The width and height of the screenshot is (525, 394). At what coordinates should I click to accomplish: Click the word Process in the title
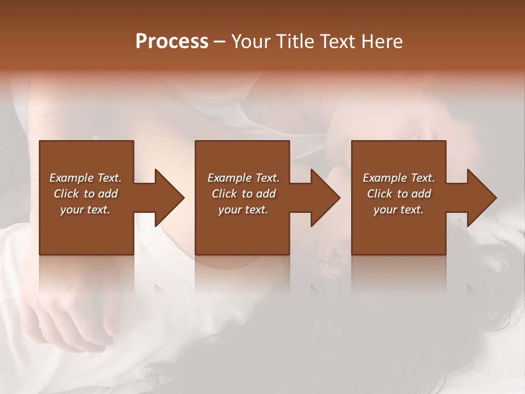(x=172, y=42)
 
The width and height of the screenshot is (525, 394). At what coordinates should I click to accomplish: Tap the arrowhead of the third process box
(x=481, y=198)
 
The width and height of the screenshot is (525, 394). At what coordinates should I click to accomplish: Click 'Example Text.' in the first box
(x=85, y=178)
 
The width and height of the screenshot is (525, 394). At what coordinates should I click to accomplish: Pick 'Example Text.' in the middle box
(x=243, y=178)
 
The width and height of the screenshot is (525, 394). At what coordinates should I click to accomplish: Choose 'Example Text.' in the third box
(x=399, y=178)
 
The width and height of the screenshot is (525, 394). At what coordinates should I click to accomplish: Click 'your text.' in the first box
(x=85, y=210)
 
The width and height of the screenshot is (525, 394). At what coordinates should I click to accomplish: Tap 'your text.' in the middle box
(x=243, y=210)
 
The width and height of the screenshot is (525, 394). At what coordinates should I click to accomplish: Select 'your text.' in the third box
(x=399, y=210)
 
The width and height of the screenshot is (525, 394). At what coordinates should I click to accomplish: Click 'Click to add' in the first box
(x=85, y=194)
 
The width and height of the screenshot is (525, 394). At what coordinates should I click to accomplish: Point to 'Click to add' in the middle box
(x=243, y=194)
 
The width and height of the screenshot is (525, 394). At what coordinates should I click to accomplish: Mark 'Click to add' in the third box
(x=399, y=194)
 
